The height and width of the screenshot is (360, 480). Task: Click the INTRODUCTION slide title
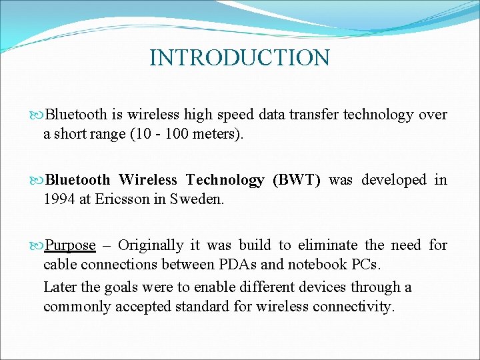[x=239, y=58]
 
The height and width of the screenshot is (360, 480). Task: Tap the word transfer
[x=314, y=115]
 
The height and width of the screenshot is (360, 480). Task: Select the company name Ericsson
[x=123, y=199]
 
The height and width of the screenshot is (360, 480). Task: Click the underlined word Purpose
[x=70, y=245]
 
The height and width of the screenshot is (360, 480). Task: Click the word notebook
[x=316, y=264]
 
